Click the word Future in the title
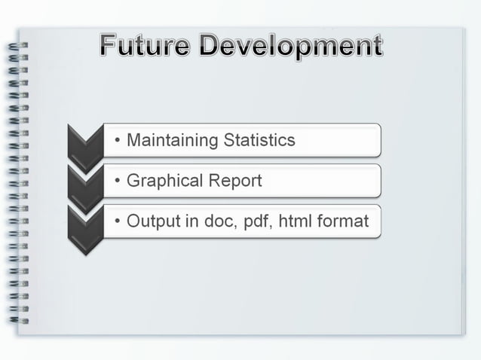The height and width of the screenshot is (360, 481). [x=144, y=47]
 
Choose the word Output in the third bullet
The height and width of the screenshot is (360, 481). [x=151, y=221]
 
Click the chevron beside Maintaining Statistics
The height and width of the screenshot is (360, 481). [x=84, y=142]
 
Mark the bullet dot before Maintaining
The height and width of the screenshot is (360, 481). [x=118, y=141]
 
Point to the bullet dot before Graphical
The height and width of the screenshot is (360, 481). [x=118, y=182]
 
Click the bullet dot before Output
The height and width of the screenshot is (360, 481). [x=118, y=222]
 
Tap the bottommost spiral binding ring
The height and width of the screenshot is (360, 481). [x=17, y=320]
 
